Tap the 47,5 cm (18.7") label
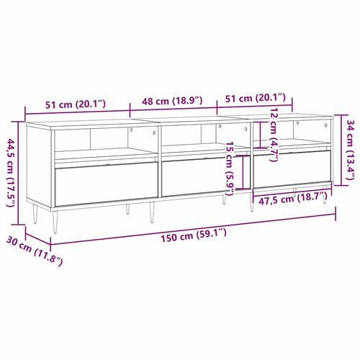tap(292, 199)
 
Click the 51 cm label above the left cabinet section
tap(76, 103)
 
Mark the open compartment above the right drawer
tap(292, 133)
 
